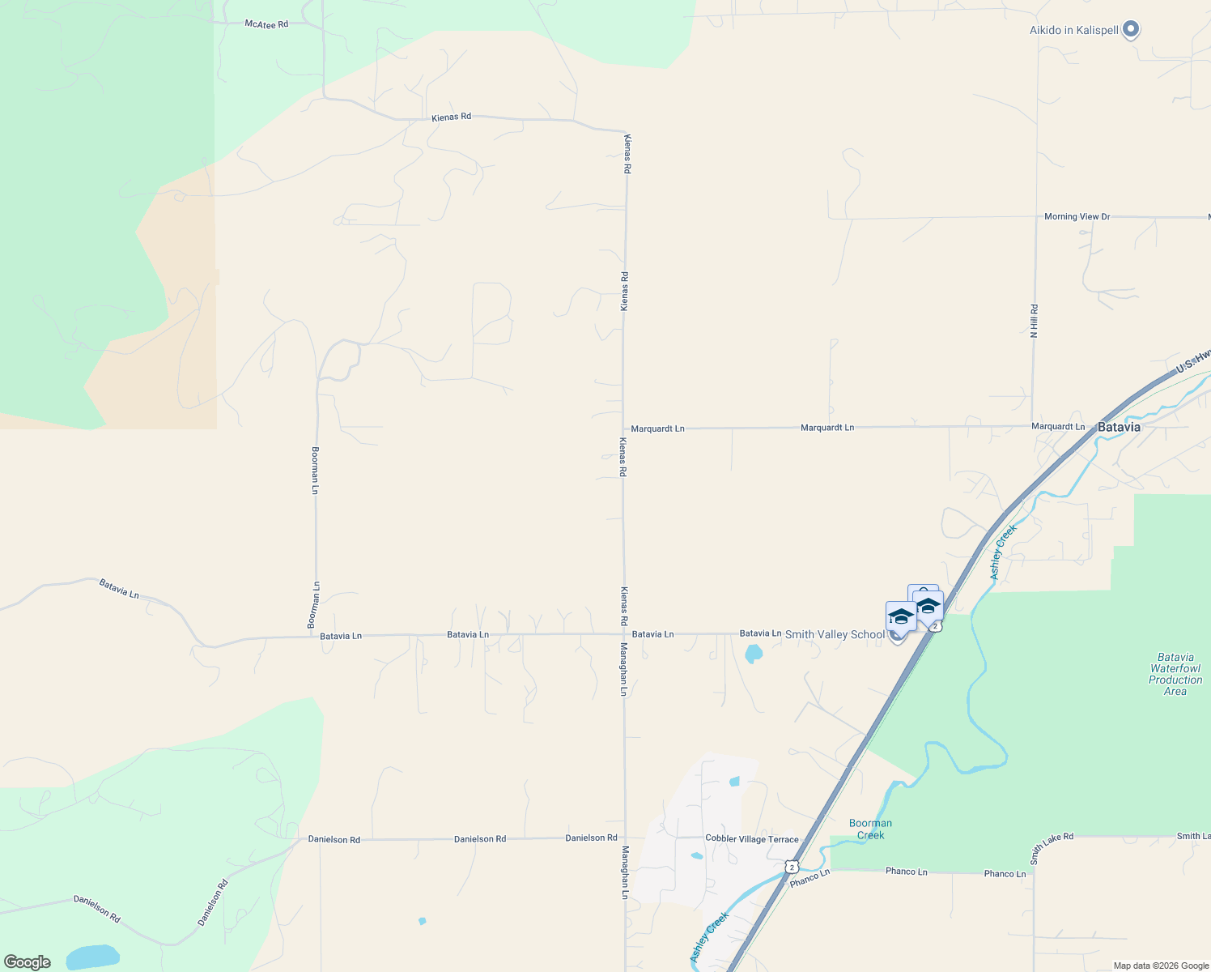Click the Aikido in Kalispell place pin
(x=1131, y=30)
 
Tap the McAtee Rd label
(x=266, y=24)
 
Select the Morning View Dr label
(x=1077, y=217)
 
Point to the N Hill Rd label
(x=1034, y=322)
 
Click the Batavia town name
(x=1119, y=427)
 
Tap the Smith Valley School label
(x=835, y=634)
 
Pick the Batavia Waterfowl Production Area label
(x=1175, y=674)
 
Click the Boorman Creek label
(x=870, y=829)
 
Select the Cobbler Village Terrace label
(x=751, y=839)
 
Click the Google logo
(x=28, y=962)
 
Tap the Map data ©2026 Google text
(x=1161, y=966)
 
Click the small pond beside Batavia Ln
(x=753, y=653)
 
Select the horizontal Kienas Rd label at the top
(x=451, y=117)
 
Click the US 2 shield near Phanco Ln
(x=791, y=867)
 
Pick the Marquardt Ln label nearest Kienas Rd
(x=657, y=428)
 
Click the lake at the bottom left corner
(x=92, y=957)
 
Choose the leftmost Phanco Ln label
(x=809, y=877)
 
